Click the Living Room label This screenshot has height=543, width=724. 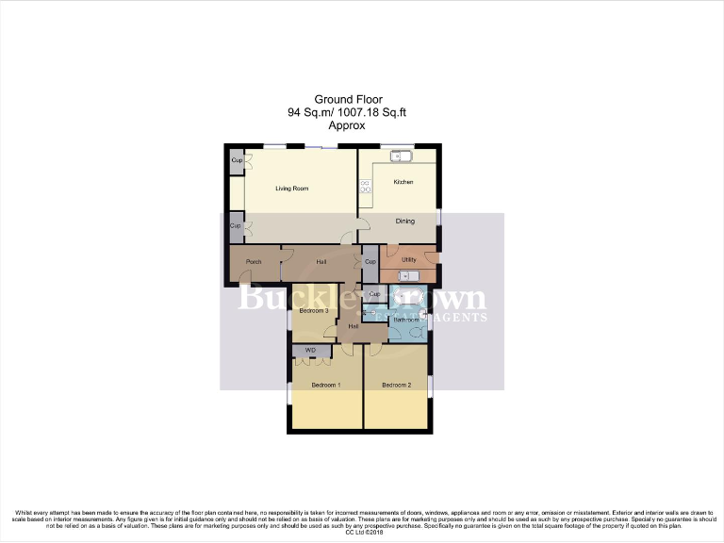click(291, 189)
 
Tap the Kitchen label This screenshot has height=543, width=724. click(403, 182)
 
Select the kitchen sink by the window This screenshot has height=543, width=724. click(399, 156)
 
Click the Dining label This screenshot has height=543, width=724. click(405, 222)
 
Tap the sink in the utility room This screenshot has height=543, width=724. click(407, 276)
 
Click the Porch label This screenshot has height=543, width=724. click(253, 261)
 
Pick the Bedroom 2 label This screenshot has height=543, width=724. click(397, 386)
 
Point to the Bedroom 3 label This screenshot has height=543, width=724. click(313, 310)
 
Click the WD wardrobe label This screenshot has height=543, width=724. click(309, 351)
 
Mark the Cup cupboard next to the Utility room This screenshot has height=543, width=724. click(370, 261)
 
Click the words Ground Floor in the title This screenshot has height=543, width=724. click(339, 99)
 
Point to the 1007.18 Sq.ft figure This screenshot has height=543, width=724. click(375, 111)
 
